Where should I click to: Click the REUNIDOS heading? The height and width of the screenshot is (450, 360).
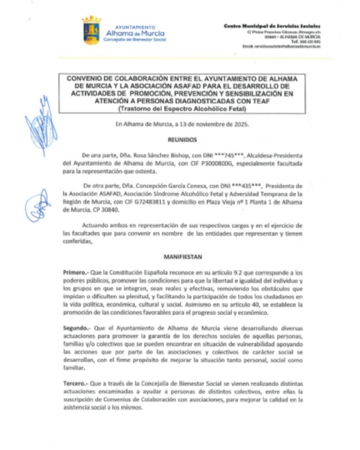coord(188,140)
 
